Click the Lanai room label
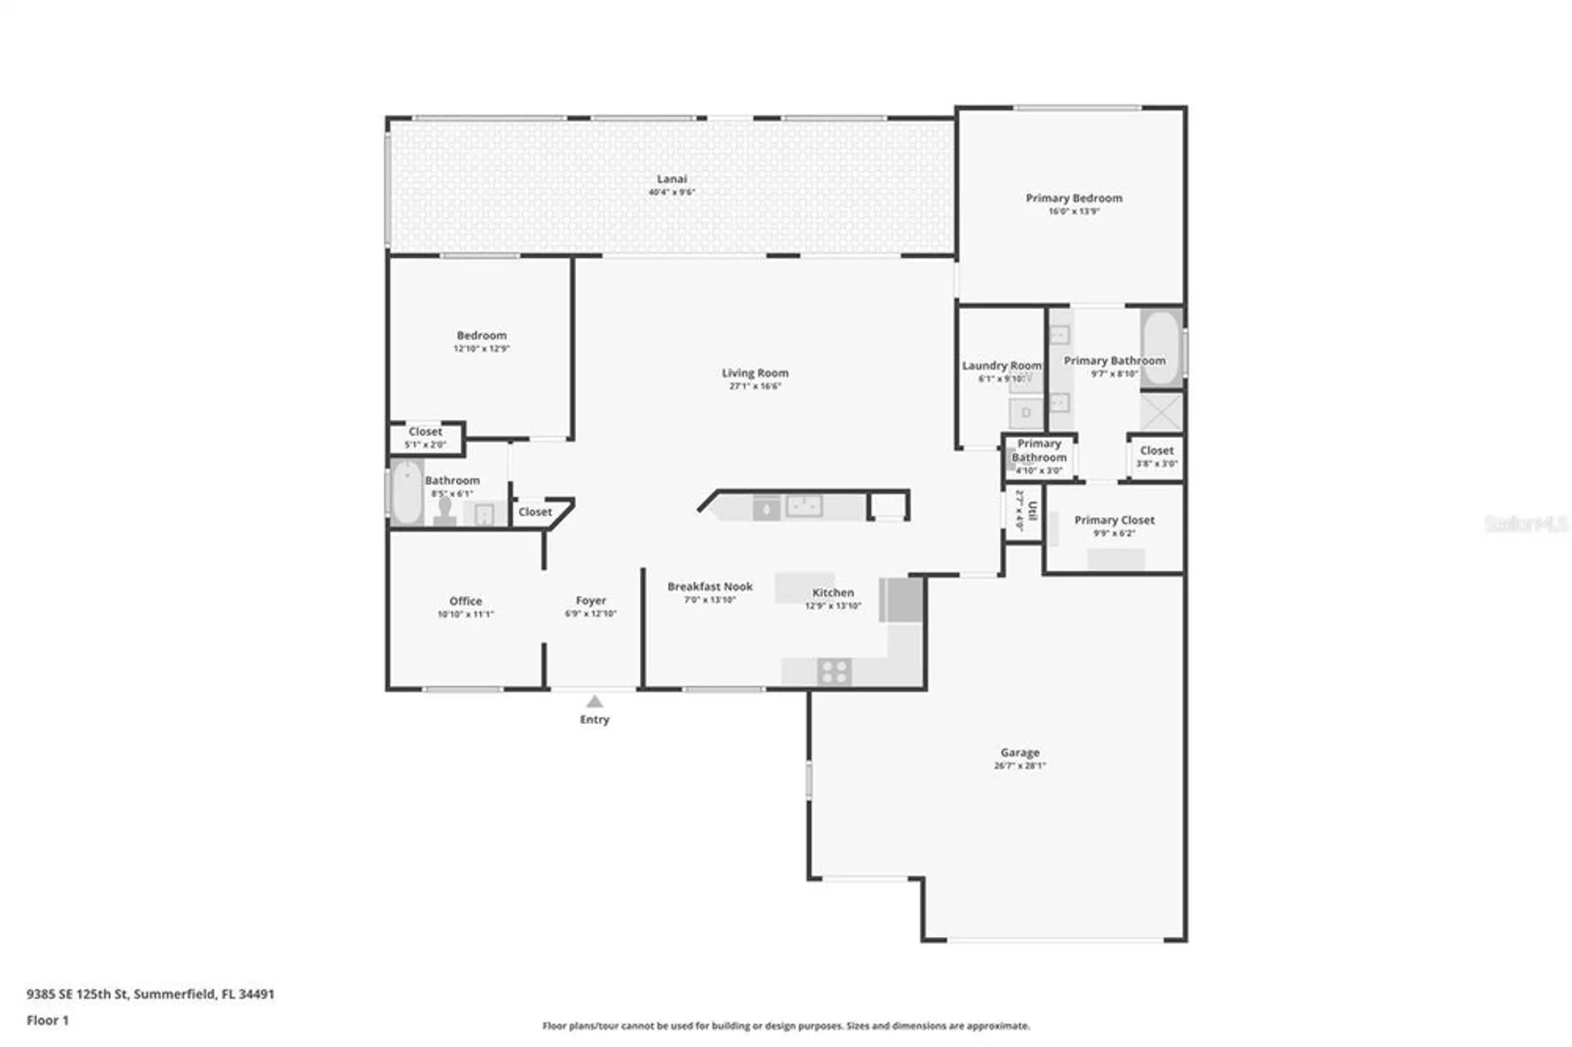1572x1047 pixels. tap(671, 179)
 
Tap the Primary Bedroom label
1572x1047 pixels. tap(1074, 198)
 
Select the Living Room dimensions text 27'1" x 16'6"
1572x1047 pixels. tap(755, 387)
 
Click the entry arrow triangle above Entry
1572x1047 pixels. tap(595, 701)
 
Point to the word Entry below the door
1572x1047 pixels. tap(594, 719)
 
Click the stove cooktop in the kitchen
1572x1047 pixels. tap(833, 672)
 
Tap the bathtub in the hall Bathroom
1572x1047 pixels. tap(406, 493)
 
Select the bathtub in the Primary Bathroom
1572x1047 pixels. tap(1161, 347)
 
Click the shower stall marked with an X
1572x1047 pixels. tap(1161, 412)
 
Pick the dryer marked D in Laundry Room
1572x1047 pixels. tap(1026, 413)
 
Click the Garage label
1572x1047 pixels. tap(1019, 752)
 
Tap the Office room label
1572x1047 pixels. tap(465, 601)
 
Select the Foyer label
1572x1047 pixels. tap(590, 601)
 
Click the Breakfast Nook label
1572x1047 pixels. tap(710, 586)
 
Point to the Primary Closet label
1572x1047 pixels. tap(1114, 520)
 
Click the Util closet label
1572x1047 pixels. tap(1032, 511)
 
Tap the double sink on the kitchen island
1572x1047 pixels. tap(804, 506)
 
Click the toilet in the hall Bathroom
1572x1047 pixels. tap(445, 510)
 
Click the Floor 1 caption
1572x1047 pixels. tap(48, 1020)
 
